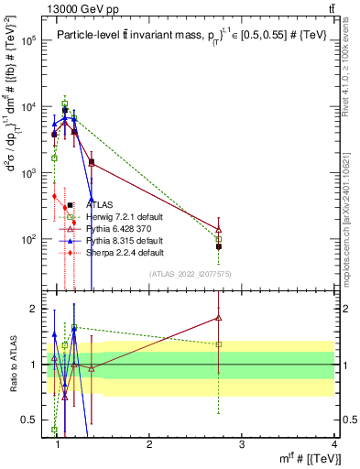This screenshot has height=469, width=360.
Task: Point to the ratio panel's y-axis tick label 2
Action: click(34, 309)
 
